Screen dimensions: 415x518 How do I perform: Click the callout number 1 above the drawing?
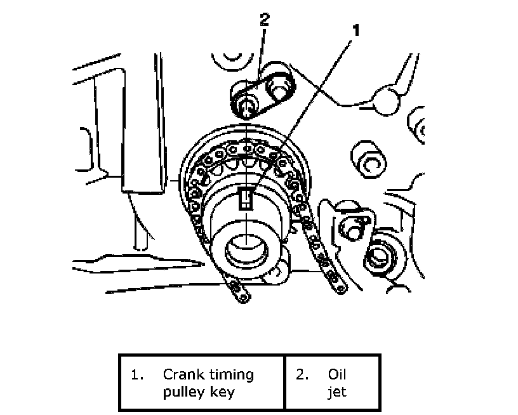point(356,30)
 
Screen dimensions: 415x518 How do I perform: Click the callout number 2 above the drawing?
point(264,19)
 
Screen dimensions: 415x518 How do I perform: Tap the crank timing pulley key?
point(246,199)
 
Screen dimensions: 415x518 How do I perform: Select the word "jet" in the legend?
point(336,392)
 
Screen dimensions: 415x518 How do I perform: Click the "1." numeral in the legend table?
point(136,374)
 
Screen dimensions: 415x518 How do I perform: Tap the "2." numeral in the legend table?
point(302,374)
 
